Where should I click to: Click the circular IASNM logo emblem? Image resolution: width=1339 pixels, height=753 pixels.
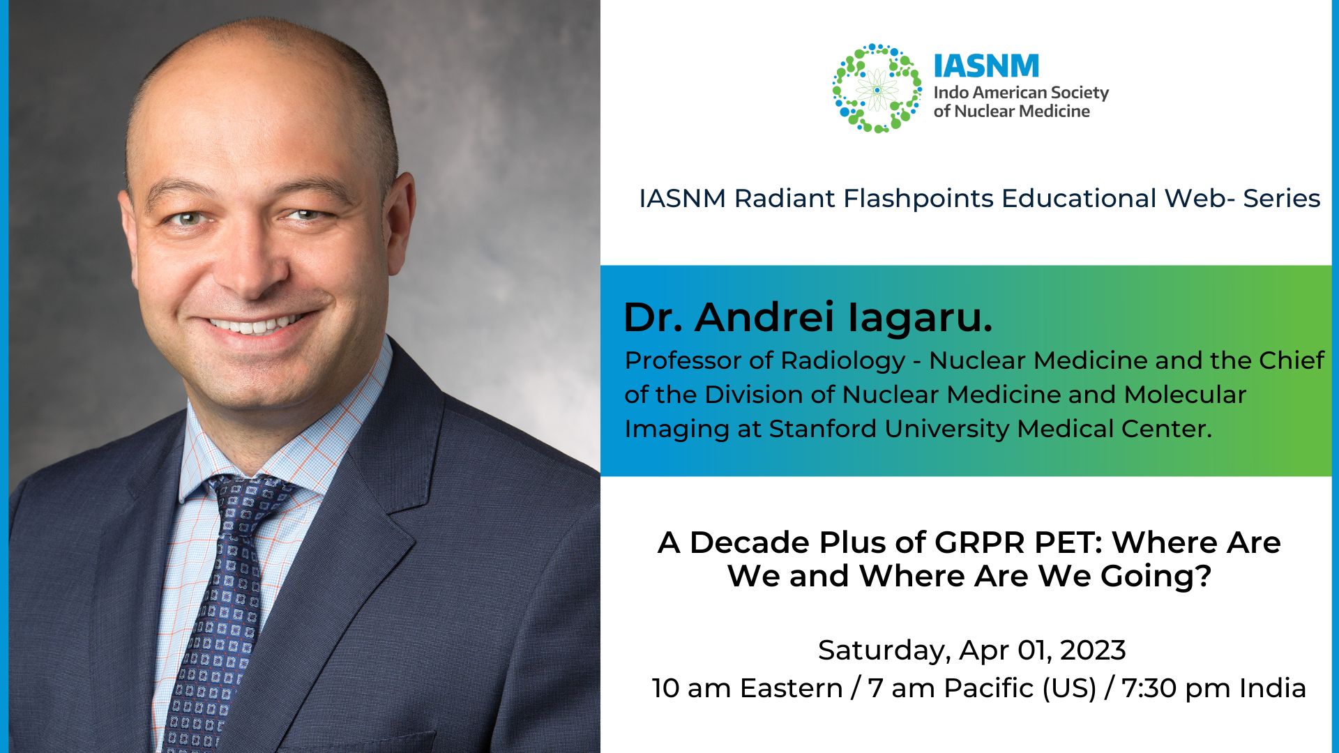tap(877, 89)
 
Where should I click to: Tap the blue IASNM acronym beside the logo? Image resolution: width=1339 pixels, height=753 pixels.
tap(986, 66)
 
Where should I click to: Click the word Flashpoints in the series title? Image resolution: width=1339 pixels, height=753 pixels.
tap(918, 199)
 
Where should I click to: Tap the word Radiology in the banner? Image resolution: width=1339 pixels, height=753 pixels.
tap(842, 361)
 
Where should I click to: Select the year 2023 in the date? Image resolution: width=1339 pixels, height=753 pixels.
tap(1093, 651)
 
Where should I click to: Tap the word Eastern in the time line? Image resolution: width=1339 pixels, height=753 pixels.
tap(791, 688)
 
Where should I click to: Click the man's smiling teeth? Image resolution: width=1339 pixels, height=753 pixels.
tap(255, 324)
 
